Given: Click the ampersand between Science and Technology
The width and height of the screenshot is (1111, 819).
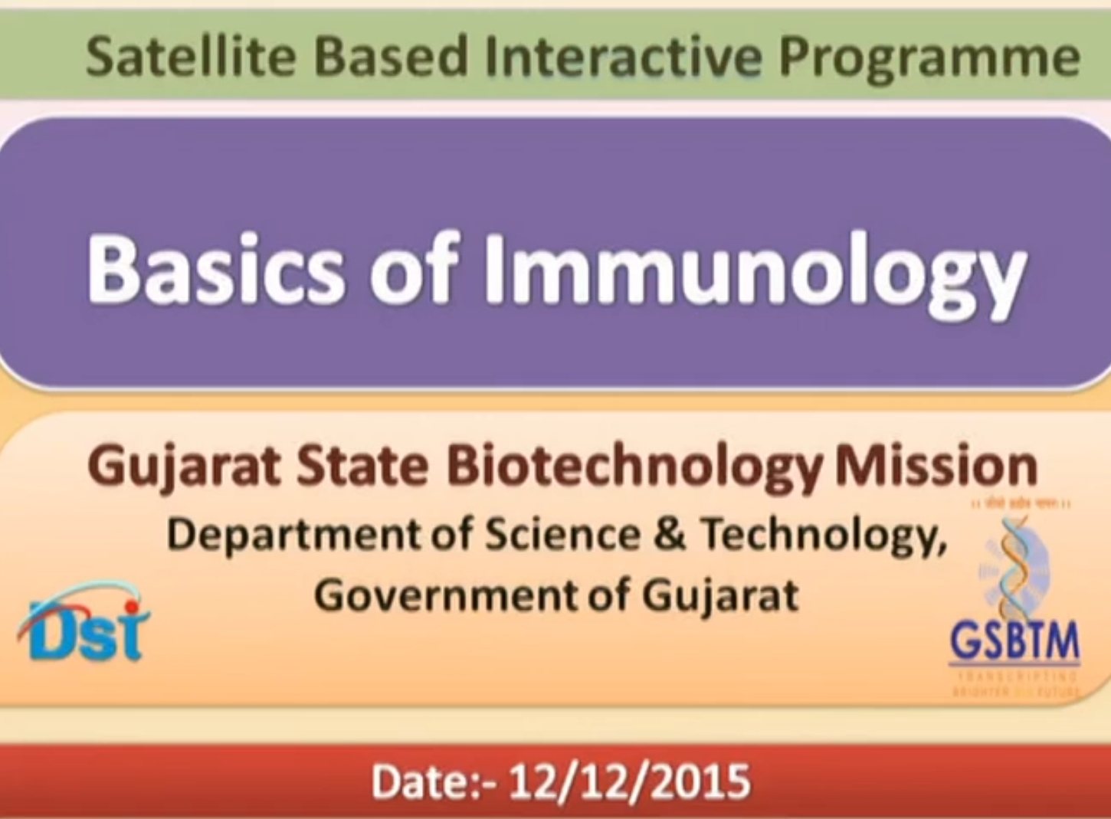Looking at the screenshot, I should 670,533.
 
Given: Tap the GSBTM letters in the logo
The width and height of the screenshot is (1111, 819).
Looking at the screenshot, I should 1014,640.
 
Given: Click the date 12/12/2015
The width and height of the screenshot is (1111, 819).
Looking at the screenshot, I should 629,781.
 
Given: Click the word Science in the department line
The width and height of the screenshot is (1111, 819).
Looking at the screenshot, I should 562,533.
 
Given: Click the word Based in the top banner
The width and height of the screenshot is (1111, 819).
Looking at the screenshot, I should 391,57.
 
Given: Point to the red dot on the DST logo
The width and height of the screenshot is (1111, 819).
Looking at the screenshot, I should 134,608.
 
